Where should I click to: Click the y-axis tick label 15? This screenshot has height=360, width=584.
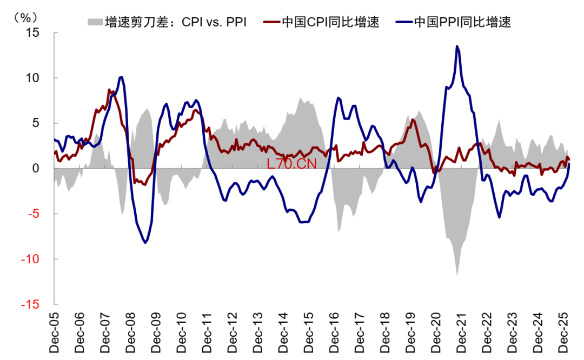point(33,32)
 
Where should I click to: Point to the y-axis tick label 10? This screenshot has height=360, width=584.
point(33,78)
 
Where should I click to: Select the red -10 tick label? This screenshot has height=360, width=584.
point(31,259)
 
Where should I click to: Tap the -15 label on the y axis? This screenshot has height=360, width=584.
point(31,305)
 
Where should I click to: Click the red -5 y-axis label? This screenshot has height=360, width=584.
point(34,214)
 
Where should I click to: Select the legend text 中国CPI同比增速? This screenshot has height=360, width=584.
point(330,22)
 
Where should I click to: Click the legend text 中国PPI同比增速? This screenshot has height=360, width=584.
point(462,22)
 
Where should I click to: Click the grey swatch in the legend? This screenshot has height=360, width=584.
point(94,22)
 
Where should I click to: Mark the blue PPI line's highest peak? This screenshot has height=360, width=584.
point(457,46)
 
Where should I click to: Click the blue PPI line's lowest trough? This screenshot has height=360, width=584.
point(145,243)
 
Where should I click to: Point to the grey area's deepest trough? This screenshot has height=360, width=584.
point(457,276)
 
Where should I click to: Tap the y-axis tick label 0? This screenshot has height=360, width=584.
point(36,169)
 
